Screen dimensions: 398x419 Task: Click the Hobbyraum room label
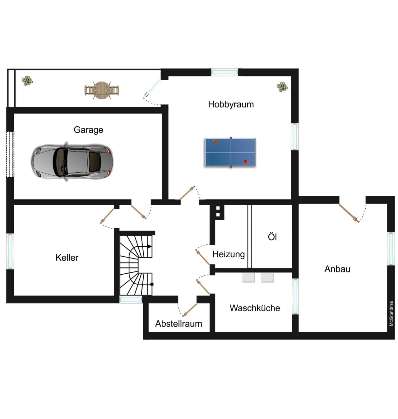tap(231, 105)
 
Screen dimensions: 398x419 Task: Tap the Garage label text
tap(88, 130)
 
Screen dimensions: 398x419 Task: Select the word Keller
tap(67, 258)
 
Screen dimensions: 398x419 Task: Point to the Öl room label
tap(272, 237)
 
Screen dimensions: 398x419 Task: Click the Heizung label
tap(229, 254)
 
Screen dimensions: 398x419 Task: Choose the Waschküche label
tap(255, 308)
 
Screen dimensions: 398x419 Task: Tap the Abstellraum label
tap(178, 324)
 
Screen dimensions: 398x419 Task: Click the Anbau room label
tap(337, 269)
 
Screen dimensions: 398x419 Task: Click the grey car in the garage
tap(72, 162)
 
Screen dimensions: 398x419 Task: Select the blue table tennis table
tap(230, 152)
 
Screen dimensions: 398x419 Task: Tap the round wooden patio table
tap(102, 91)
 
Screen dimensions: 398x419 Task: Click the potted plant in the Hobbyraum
tap(282, 87)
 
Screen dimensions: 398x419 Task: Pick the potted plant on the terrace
tap(27, 81)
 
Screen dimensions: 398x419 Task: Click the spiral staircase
tap(136, 265)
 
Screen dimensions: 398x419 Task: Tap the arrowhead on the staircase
tap(150, 247)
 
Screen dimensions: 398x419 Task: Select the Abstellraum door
tap(189, 310)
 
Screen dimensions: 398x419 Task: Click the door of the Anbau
tap(349, 213)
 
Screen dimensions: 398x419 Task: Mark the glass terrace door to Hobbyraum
tap(151, 89)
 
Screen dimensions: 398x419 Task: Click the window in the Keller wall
tap(10, 251)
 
